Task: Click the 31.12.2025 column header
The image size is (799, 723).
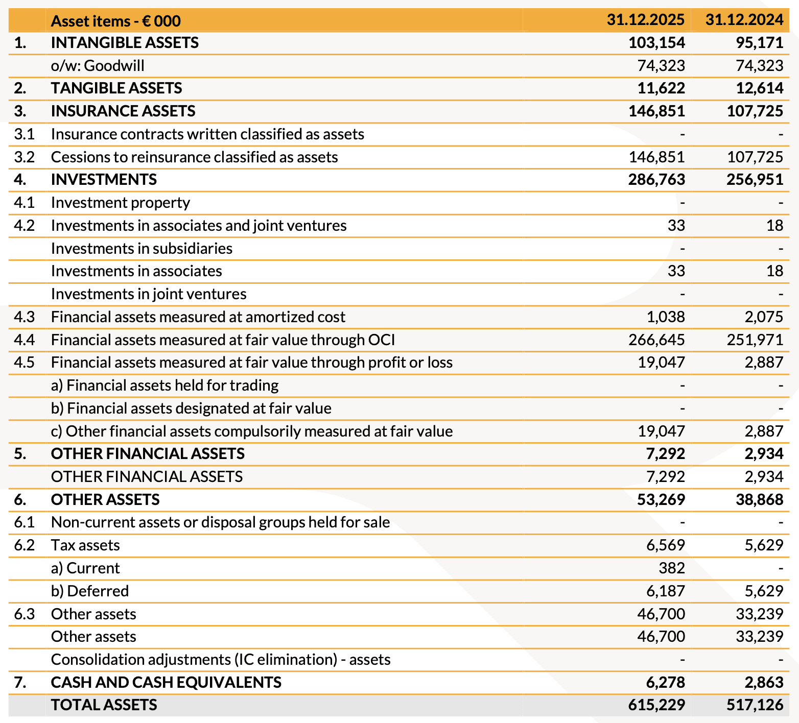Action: [646, 20]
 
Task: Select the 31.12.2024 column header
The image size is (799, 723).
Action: [744, 20]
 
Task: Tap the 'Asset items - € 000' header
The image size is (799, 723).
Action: [116, 21]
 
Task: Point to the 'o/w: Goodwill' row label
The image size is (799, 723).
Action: [98, 65]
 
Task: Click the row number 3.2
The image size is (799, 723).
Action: [24, 157]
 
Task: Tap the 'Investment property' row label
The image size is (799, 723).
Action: [121, 203]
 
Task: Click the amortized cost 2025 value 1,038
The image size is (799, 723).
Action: [666, 317]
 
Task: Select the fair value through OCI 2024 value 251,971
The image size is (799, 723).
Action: [755, 340]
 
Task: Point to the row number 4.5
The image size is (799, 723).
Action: [24, 363]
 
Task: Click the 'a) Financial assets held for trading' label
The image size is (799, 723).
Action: [165, 385]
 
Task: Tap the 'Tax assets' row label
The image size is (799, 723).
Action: [85, 545]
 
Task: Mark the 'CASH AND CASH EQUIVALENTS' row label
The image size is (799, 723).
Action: [166, 682]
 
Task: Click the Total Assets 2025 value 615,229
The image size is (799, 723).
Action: [656, 705]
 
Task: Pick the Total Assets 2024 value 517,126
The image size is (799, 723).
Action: [755, 705]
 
